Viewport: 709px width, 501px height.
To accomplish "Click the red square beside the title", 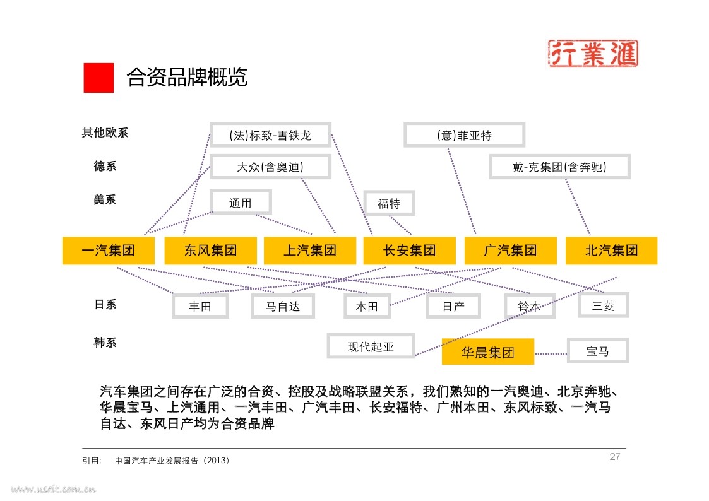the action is tap(98, 78).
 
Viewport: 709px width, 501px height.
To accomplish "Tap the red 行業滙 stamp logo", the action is tap(593, 53).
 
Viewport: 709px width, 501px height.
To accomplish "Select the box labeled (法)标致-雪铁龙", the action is tap(270, 134).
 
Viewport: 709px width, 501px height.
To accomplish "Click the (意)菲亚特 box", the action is tap(465, 134).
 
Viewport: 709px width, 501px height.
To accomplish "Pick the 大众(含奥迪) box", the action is tap(270, 167).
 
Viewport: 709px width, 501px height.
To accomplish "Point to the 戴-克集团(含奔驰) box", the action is tap(560, 167).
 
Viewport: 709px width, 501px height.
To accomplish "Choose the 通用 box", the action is tap(241, 203).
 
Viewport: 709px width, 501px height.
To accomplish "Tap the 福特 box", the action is tap(389, 203).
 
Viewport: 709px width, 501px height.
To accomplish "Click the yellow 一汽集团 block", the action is tap(109, 250).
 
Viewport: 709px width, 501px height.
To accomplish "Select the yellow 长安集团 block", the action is tap(410, 250).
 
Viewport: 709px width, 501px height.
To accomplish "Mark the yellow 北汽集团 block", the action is tap(611, 250).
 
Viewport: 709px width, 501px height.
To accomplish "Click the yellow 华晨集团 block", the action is tap(488, 351).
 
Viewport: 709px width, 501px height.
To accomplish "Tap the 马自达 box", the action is tap(283, 306).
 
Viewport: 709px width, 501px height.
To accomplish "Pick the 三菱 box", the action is tap(604, 305).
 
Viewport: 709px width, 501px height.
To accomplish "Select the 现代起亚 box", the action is tap(371, 346).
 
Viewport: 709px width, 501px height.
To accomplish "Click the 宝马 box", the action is tap(598, 351).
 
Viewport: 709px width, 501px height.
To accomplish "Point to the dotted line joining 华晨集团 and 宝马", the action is tap(551, 354).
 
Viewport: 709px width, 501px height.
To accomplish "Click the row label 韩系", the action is tap(105, 343).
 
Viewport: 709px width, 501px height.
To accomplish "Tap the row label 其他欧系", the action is tap(105, 133).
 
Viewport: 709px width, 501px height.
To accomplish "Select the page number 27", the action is tap(614, 457).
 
